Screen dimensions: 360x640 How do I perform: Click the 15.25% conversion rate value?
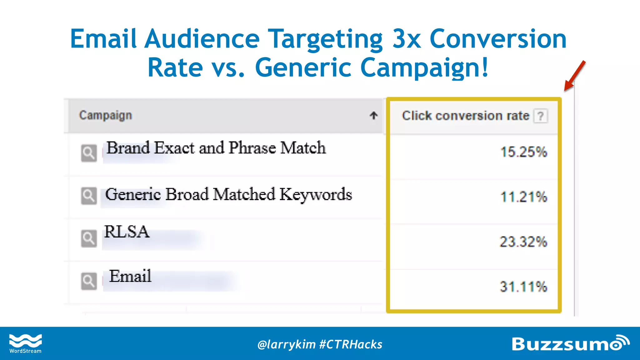click(524, 152)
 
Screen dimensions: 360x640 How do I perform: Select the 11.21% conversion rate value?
click(524, 197)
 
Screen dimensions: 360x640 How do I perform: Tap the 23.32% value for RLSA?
click(523, 242)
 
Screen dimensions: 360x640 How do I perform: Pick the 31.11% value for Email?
click(523, 287)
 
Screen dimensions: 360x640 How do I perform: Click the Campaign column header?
click(106, 115)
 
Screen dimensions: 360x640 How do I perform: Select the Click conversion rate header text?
click(465, 116)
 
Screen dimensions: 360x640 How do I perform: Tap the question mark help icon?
click(541, 116)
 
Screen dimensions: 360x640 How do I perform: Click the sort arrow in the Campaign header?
click(373, 115)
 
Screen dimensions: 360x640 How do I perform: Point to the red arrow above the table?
click(574, 76)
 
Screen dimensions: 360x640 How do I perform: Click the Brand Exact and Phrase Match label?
click(216, 148)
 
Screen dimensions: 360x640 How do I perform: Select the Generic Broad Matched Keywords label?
click(228, 194)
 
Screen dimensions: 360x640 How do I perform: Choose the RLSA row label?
click(127, 232)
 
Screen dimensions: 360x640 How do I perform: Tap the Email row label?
click(130, 276)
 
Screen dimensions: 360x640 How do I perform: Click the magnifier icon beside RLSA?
click(89, 239)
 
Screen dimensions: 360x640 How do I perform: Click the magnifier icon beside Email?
click(89, 281)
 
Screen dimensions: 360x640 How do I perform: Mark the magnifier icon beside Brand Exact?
click(89, 153)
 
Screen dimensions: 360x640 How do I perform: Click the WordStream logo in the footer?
click(25, 343)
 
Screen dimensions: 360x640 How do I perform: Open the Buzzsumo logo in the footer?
click(570, 343)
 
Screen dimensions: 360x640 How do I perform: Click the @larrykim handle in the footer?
click(286, 344)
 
